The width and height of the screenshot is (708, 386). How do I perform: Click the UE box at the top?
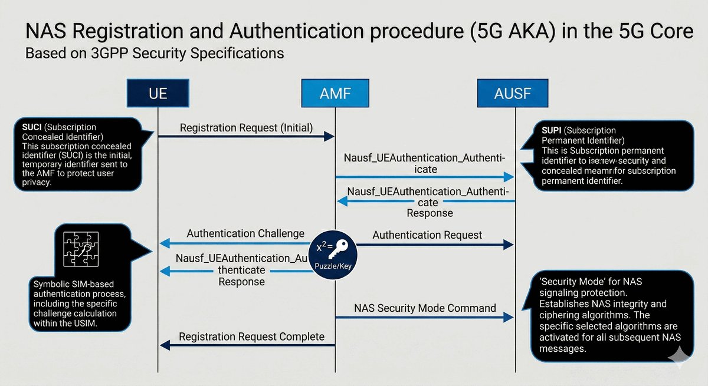[158, 93]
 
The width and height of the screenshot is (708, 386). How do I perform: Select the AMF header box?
[335, 93]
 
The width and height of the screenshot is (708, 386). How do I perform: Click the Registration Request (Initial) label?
[247, 127]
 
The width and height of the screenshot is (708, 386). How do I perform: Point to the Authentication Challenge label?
[245, 233]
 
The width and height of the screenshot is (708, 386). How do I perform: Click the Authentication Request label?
[427, 235]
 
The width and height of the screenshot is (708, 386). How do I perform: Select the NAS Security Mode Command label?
[425, 308]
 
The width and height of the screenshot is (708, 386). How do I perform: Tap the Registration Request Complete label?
[251, 336]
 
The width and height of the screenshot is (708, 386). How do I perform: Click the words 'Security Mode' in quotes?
[566, 281]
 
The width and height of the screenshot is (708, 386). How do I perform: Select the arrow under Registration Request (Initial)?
[247, 137]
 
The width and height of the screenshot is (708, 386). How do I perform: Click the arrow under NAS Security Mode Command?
[425, 318]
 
